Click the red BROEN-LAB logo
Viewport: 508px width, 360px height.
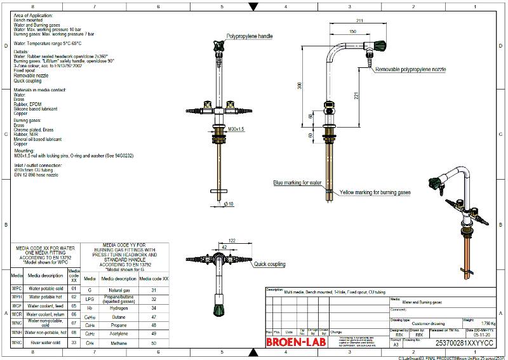click(x=295, y=342)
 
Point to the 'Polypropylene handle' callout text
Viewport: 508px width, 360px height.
click(x=250, y=37)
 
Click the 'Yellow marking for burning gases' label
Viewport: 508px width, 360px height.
click(x=375, y=192)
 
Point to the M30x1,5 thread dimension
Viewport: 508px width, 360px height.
click(x=237, y=130)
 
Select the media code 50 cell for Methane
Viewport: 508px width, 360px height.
click(x=154, y=343)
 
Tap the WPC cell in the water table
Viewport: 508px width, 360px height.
click(x=17, y=288)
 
